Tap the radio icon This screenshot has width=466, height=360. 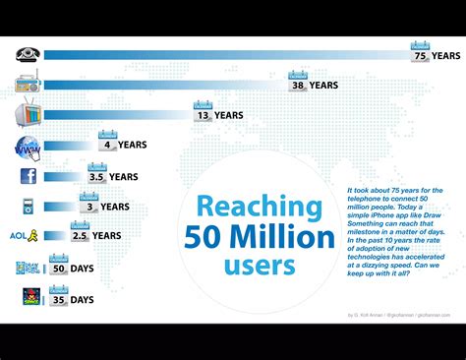coord(28,85)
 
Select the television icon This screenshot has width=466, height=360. coord(28,115)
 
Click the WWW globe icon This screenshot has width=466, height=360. coord(28,148)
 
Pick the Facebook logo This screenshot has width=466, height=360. coord(29,177)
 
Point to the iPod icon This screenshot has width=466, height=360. coord(29,207)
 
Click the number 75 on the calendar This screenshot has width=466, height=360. coord(420,56)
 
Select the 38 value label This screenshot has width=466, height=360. coord(297,86)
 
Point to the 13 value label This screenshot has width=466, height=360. coord(203,115)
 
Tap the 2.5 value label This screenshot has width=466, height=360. coord(80,236)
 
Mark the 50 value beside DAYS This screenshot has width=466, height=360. coord(59,268)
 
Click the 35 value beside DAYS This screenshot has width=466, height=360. coord(59,299)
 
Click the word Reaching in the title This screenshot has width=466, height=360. coord(259,208)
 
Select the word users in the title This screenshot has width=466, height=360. coord(260,266)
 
